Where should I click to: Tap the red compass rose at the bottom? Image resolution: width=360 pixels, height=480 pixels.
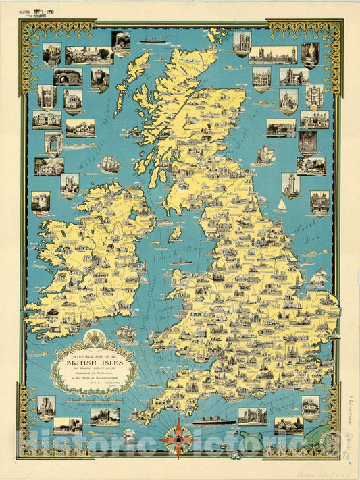177,437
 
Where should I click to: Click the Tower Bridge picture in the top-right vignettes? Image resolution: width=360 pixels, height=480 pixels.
294,76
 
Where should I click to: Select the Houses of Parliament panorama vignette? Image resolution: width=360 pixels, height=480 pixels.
272,55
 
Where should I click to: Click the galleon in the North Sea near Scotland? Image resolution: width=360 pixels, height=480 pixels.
264,156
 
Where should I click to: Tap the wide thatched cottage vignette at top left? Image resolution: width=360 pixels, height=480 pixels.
89,55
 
